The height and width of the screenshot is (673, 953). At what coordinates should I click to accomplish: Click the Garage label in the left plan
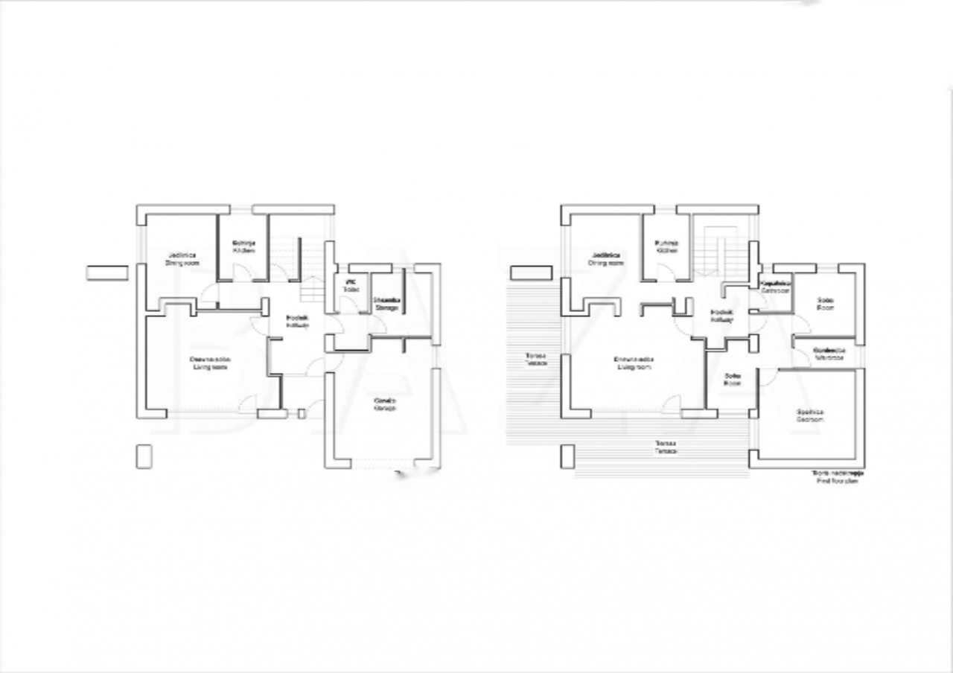click(384, 404)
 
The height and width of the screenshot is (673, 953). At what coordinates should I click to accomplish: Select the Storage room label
click(386, 304)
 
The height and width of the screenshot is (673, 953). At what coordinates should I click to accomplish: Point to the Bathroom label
click(774, 287)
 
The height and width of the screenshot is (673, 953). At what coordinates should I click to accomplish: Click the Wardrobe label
click(829, 354)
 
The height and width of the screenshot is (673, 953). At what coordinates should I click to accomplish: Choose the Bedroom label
click(809, 415)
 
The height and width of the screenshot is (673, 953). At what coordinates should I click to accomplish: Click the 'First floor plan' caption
click(838, 477)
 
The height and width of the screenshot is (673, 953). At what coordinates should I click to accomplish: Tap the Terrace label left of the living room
click(535, 359)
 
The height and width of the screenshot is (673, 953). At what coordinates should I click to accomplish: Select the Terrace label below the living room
click(666, 447)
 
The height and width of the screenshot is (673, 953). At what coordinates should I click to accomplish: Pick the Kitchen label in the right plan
click(667, 246)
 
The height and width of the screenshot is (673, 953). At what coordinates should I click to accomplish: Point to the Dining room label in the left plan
click(182, 259)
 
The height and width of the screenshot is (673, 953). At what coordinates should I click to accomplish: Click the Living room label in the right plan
click(634, 363)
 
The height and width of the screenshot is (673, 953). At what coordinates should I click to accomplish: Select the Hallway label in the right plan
click(721, 316)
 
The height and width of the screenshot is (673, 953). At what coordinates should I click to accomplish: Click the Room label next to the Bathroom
click(824, 304)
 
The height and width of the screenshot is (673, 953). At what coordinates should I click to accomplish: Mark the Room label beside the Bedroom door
click(732, 379)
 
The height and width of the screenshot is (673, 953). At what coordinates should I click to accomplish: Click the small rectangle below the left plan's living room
click(144, 456)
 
